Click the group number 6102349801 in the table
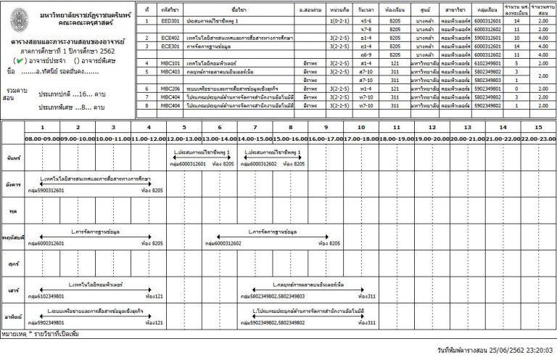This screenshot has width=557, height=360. tap(488, 63)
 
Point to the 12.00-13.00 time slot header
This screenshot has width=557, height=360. tap(184, 138)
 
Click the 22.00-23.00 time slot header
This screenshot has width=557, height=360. tap(538, 138)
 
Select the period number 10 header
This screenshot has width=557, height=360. tap(361, 127)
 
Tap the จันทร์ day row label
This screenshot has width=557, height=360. tap(12, 157)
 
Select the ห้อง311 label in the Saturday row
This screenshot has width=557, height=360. tap(367, 296)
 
